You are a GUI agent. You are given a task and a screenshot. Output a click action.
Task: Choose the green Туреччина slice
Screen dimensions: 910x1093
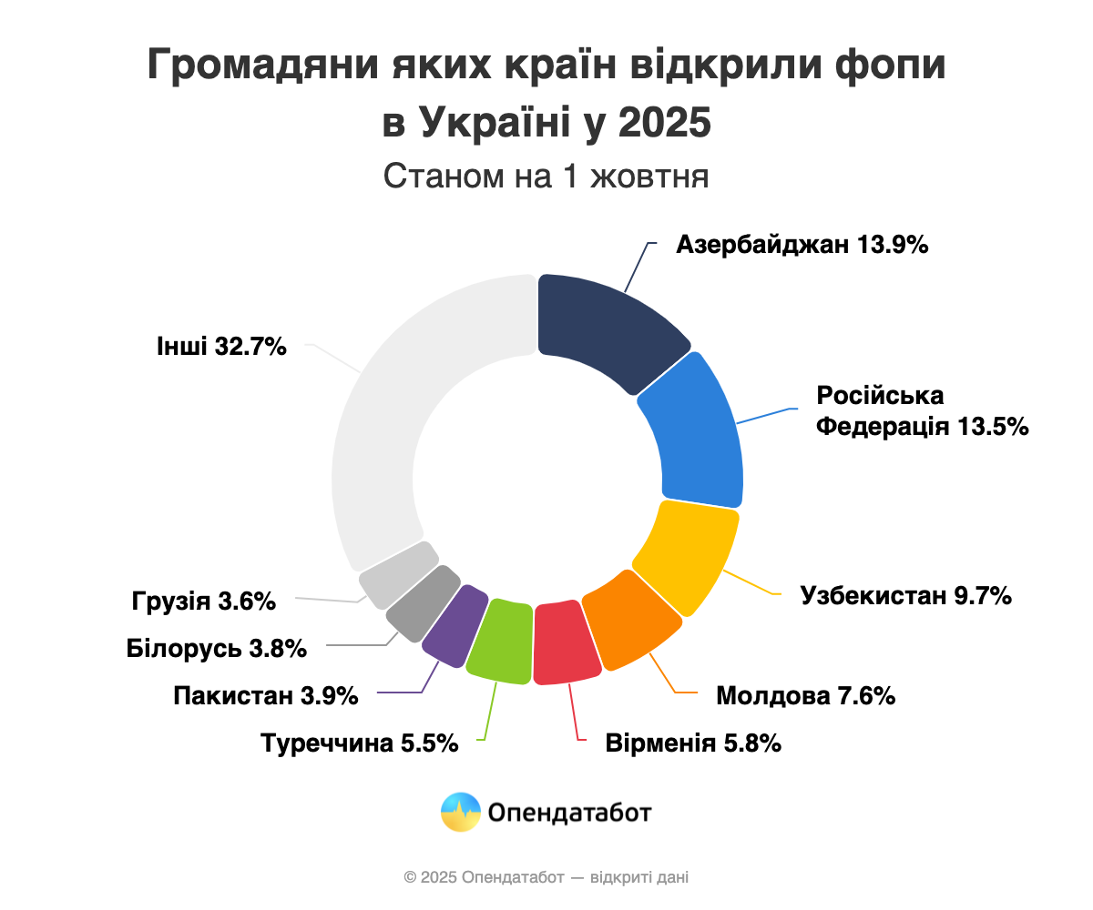coord(500,641)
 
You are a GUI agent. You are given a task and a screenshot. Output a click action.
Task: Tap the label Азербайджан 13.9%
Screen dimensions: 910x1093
coord(802,245)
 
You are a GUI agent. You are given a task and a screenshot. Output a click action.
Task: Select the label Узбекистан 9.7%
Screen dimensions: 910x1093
coord(906,596)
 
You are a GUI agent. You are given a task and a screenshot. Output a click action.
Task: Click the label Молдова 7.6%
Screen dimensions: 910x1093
coord(806,696)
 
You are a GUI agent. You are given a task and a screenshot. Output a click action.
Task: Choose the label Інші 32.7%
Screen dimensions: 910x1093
coord(222,347)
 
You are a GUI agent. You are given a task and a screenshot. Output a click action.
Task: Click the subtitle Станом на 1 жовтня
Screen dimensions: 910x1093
coord(546,176)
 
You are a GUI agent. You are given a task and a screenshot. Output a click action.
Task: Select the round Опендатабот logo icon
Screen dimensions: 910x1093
coord(460,812)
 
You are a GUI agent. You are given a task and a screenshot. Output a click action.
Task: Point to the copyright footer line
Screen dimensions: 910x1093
coord(546,878)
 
